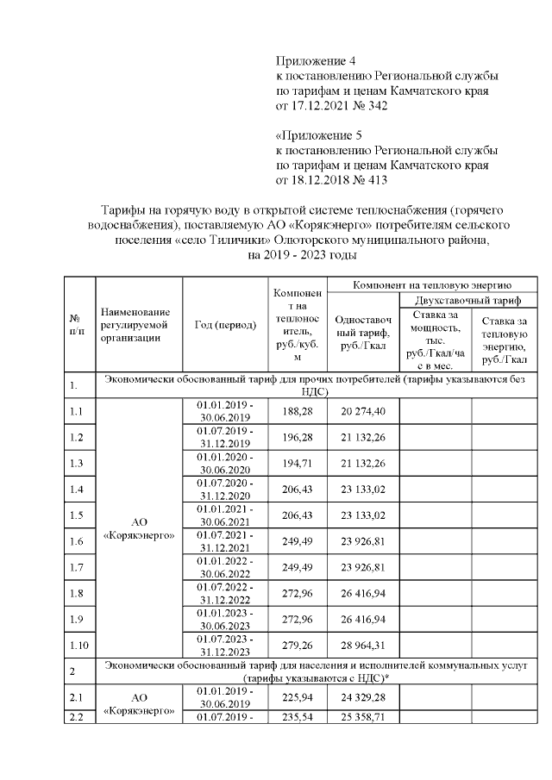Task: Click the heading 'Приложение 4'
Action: coord(315,60)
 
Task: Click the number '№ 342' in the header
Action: coord(368,106)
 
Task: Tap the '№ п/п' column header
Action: coord(77,324)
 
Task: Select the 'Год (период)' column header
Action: coord(220,325)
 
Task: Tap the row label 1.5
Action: coord(77,515)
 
